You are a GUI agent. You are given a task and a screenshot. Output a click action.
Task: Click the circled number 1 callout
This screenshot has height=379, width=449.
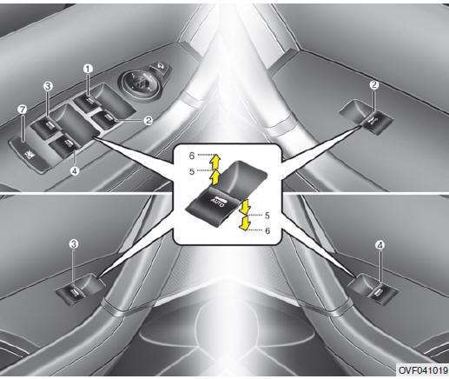(88, 69)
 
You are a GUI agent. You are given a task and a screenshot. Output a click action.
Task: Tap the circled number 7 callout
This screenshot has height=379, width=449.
(22, 110)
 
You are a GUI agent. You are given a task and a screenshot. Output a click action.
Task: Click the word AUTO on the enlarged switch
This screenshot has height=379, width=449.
(218, 202)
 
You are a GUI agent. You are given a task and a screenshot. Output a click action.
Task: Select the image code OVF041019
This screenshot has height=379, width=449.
(423, 370)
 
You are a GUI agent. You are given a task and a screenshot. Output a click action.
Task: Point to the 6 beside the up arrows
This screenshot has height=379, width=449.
(192, 156)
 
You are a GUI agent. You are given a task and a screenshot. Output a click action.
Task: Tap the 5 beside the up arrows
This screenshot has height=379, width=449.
(192, 171)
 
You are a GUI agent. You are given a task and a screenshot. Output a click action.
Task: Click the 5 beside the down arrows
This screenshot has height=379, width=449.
(267, 216)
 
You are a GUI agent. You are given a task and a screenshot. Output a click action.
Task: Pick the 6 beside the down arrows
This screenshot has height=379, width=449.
(267, 230)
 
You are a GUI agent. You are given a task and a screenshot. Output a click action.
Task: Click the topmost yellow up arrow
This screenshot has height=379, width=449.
(215, 161)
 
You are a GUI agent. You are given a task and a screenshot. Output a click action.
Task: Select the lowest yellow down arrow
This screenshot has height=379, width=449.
(245, 223)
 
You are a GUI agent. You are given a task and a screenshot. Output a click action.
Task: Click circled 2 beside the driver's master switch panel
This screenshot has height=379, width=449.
(149, 120)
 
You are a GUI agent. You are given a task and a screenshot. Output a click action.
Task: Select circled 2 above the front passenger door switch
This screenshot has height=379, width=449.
(374, 85)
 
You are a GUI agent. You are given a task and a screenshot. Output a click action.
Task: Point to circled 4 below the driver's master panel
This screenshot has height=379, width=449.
(75, 171)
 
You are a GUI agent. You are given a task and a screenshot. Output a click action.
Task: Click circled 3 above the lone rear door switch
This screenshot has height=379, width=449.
(74, 244)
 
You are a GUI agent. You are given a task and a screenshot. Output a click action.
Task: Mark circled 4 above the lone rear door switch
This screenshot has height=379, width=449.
(380, 245)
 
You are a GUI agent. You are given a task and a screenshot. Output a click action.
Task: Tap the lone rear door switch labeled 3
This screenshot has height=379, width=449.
(80, 289)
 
